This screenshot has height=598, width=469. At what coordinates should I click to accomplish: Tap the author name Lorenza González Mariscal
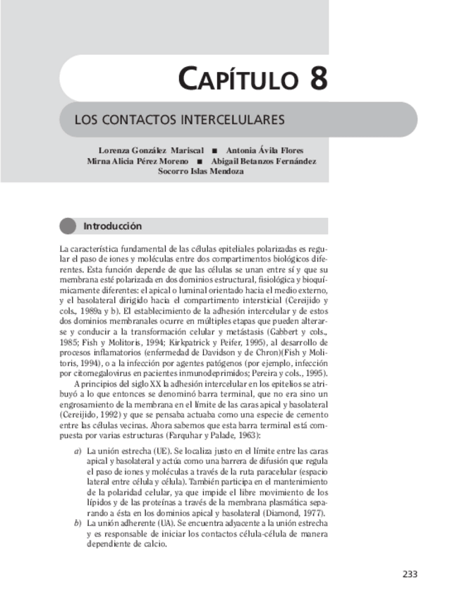click(x=152, y=151)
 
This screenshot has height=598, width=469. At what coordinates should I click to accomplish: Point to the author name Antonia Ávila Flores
click(x=264, y=151)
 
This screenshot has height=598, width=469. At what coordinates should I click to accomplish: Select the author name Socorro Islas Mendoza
click(x=201, y=171)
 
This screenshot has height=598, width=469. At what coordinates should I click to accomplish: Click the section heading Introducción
click(x=113, y=226)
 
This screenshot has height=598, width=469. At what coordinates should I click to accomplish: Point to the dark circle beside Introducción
click(x=68, y=226)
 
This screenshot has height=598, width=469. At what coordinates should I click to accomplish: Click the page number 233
click(x=410, y=573)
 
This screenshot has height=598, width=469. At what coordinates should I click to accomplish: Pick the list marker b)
click(x=78, y=524)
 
